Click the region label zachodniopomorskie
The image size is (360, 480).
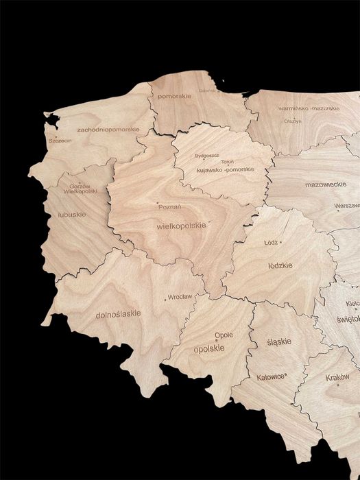coord(108,129)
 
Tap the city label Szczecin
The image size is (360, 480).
coord(60,141)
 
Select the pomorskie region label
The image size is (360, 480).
coord(175,97)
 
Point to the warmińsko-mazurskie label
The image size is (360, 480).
coord(309,108)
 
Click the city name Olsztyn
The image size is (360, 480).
coord(293,121)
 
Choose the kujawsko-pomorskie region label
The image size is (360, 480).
coord(225,169)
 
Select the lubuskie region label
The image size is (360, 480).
coord(72,214)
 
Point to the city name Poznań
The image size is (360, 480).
coord(169,206)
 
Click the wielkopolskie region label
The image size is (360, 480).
coord(181,225)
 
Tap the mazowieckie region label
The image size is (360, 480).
coord(326,184)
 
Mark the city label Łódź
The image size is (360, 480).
coord(271,242)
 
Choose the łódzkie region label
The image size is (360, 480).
coord(280,265)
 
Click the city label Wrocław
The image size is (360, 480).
coord(180,297)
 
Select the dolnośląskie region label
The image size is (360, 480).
coord(118,313)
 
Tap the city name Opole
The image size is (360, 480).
coord(224,335)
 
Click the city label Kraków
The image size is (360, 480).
coord(337,377)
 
